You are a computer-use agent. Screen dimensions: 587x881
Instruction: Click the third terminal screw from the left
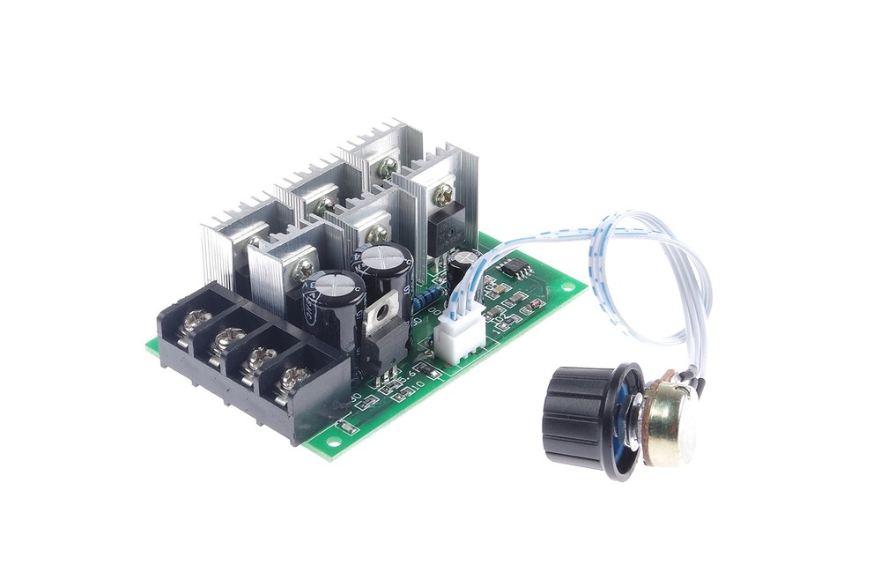259,356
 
